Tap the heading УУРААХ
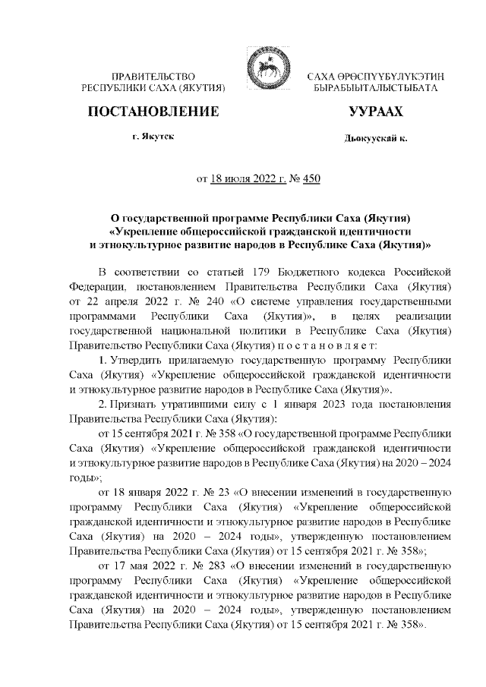coord(374,112)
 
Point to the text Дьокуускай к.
coord(374,140)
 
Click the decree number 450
coord(311,180)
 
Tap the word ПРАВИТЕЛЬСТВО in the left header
coord(153,77)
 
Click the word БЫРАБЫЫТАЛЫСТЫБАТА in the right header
coord(375,90)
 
